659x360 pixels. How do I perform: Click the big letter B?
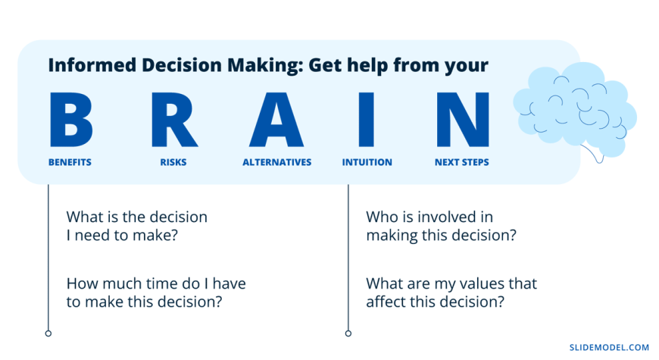pyautogui.click(x=70, y=120)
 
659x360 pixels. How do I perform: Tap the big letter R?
pyautogui.click(x=174, y=120)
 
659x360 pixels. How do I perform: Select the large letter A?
pyautogui.click(x=276, y=120)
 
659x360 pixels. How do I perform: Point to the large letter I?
pyautogui.click(x=367, y=120)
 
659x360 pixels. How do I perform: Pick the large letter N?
pyautogui.click(x=463, y=120)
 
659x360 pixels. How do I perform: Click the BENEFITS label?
pyautogui.click(x=70, y=162)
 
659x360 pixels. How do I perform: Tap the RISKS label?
pyautogui.click(x=173, y=162)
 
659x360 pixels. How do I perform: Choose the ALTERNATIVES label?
pyautogui.click(x=277, y=162)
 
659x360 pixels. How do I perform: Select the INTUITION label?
pyautogui.click(x=367, y=162)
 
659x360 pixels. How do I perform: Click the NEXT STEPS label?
pyautogui.click(x=462, y=162)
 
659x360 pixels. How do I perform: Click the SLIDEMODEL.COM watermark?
pyautogui.click(x=610, y=347)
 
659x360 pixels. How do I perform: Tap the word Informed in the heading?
pyautogui.click(x=92, y=65)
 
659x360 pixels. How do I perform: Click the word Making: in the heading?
pyautogui.click(x=266, y=66)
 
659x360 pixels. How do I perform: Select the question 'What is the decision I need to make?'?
pyautogui.click(x=137, y=226)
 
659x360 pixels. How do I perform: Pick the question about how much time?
pyautogui.click(x=156, y=293)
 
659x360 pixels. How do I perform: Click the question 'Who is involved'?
pyautogui.click(x=442, y=226)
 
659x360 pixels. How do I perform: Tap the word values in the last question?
pyautogui.click(x=483, y=284)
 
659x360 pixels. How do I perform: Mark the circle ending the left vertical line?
pyautogui.click(x=48, y=333)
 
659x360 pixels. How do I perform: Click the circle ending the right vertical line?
pyautogui.click(x=348, y=333)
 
